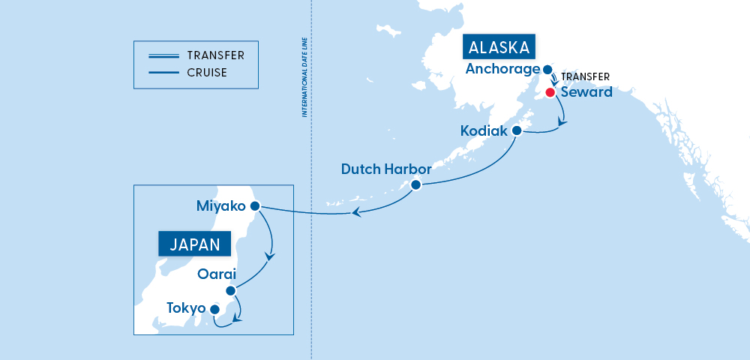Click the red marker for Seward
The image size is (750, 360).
pos(550,92)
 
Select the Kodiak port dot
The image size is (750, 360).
pos(516,130)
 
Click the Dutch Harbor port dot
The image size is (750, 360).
pos(416,185)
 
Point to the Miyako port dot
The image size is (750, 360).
pos(254,205)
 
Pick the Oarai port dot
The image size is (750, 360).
pos(230,290)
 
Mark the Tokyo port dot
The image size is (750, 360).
pos(214,309)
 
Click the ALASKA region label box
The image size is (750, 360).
pos(500,47)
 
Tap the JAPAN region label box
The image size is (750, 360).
pos(194,244)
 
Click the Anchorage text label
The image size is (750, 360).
pos(502,69)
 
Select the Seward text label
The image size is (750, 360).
pos(586,92)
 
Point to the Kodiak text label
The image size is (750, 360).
pos(484,130)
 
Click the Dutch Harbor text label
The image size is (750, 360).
pos(386,169)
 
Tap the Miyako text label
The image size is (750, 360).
pos(220,205)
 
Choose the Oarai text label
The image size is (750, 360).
pos(217,274)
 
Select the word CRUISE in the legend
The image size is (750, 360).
pos(207,73)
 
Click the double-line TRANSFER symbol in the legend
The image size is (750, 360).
pos(163,55)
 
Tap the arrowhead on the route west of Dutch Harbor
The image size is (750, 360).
pos(357,213)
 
